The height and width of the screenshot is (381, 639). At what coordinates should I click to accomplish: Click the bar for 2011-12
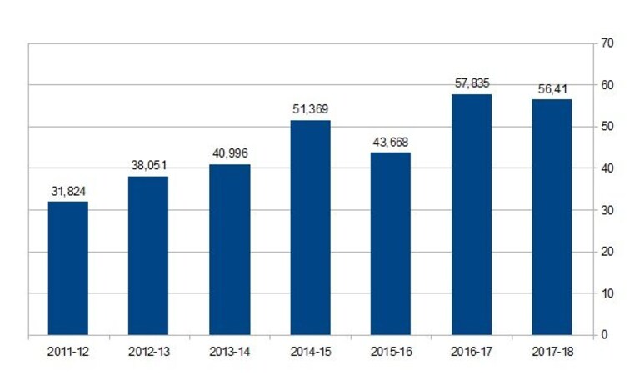[68, 268]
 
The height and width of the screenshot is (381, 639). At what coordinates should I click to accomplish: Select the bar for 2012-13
[148, 256]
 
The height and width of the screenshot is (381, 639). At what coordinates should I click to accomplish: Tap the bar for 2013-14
[230, 249]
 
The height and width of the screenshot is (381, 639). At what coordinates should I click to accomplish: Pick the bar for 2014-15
[311, 228]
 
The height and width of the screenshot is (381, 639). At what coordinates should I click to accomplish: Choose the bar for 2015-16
[391, 244]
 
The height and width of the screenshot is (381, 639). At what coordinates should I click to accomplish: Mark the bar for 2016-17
[472, 214]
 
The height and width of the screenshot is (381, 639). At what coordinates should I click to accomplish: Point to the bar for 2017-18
[552, 217]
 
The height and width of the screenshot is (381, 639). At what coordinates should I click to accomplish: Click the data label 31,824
[68, 191]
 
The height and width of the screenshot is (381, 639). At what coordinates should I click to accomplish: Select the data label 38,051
[149, 165]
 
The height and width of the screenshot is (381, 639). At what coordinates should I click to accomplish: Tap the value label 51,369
[311, 109]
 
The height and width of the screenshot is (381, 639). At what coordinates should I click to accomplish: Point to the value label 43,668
[391, 142]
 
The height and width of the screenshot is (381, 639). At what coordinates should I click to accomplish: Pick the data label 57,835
[472, 83]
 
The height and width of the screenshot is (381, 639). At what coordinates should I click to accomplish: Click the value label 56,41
[552, 89]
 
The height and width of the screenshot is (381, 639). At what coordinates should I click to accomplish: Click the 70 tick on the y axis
[607, 43]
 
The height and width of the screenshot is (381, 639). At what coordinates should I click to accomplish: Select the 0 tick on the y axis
[604, 335]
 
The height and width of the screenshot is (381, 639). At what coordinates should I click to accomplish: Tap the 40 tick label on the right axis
[607, 168]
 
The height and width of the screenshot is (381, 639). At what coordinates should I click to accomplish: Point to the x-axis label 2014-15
[311, 352]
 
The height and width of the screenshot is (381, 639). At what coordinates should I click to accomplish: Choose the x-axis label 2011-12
[68, 352]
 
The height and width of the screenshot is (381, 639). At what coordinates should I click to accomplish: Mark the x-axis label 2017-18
[552, 352]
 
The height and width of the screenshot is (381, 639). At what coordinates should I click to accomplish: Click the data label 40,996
[230, 153]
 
